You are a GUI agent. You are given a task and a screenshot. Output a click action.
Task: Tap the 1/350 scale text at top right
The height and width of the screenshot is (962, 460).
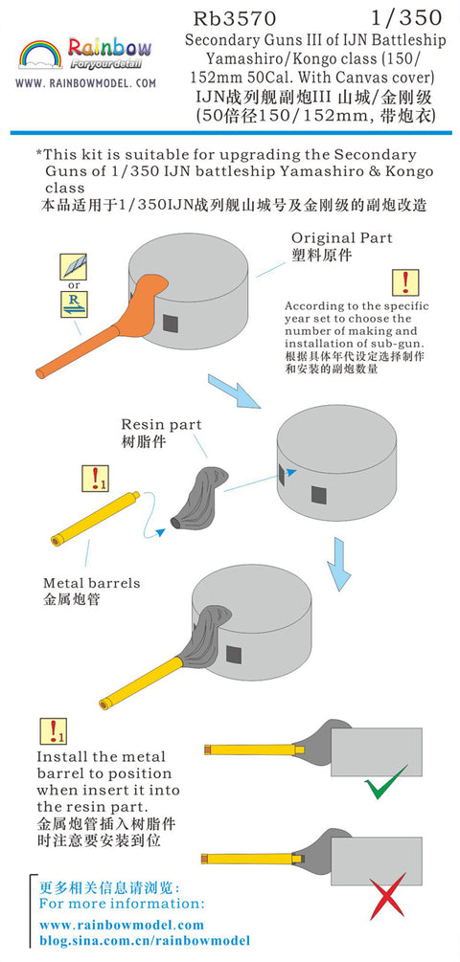tap(406, 17)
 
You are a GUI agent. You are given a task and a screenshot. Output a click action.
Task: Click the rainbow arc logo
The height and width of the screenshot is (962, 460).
tap(40, 54)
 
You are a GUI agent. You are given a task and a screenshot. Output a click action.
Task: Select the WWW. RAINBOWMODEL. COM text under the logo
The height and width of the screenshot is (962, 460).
tap(85, 83)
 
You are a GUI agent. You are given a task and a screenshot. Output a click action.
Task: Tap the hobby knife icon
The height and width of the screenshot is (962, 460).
tap(73, 267)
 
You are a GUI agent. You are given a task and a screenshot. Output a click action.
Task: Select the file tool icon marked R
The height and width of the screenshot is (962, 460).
tap(73, 303)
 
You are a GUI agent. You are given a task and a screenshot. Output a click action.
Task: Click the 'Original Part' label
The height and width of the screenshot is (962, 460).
tap(341, 237)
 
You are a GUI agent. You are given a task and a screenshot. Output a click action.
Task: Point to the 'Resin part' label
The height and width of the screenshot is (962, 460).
tap(161, 424)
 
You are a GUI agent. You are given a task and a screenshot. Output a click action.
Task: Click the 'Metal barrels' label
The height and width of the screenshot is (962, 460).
tap(91, 583)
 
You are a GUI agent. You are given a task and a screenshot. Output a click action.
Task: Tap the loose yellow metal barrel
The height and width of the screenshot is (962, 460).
tap(95, 518)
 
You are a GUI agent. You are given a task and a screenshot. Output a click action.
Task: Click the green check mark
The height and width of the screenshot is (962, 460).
tap(385, 782)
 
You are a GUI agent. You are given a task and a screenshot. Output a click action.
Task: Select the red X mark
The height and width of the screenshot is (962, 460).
tap(387, 895)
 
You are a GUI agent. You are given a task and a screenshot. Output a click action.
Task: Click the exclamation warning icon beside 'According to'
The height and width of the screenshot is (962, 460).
tap(405, 282)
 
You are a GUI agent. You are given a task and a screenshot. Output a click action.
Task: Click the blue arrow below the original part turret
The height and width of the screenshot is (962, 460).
tap(234, 391)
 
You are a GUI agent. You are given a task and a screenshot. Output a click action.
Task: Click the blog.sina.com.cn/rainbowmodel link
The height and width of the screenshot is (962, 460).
tap(145, 941)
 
